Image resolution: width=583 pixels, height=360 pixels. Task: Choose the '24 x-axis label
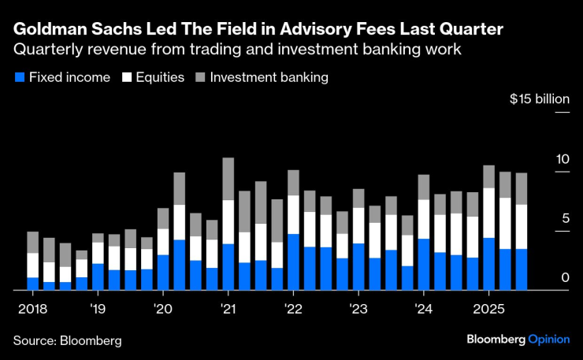tap(422, 307)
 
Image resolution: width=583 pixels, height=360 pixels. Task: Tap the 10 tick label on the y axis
tap(562, 159)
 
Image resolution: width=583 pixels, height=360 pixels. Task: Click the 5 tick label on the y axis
tap(565, 218)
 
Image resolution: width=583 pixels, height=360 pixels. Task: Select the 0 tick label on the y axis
tap(565, 277)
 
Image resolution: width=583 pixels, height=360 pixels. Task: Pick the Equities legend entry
tap(154, 78)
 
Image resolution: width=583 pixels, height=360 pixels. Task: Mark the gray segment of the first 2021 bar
tap(228, 179)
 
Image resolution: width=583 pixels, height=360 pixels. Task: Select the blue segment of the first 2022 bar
tap(293, 262)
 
